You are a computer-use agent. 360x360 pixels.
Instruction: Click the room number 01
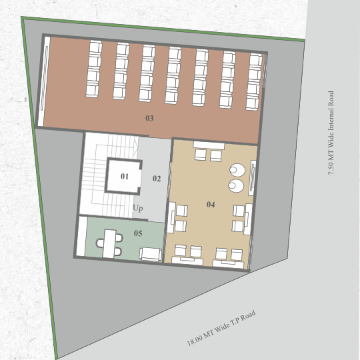pyautogui.click(x=125, y=176)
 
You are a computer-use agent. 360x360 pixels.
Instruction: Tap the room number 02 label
pyautogui.click(x=157, y=179)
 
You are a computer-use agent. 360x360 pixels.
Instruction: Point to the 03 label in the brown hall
pyautogui.click(x=149, y=118)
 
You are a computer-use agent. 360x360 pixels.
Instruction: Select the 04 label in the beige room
pyautogui.click(x=211, y=205)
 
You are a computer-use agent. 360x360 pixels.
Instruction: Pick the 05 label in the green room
pyautogui.click(x=138, y=233)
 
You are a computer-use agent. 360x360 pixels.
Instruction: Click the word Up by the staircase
pyautogui.click(x=138, y=208)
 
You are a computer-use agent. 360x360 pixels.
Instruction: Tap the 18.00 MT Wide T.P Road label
pyautogui.click(x=221, y=328)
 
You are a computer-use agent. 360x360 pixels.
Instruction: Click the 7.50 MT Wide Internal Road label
pyautogui.click(x=331, y=133)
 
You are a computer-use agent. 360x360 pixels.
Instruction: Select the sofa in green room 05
pyautogui.click(x=151, y=254)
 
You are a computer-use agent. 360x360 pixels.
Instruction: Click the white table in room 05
pyautogui.click(x=109, y=243)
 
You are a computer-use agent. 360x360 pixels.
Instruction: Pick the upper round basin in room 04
pyautogui.click(x=237, y=170)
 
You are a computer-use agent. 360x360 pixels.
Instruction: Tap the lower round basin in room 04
pyautogui.click(x=236, y=186)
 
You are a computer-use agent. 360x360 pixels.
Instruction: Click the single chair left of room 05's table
pyautogui.click(x=100, y=243)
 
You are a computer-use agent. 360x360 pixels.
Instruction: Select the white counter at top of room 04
pyautogui.click(x=209, y=145)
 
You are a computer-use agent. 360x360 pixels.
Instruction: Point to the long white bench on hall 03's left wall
pyautogui.click(x=44, y=81)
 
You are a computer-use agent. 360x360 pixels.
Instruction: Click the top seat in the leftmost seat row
pyautogui.click(x=95, y=47)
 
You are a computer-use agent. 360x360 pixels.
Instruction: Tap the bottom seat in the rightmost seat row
pyautogui.click(x=252, y=104)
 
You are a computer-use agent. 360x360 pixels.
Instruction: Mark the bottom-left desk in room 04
pyautogui.click(x=187, y=261)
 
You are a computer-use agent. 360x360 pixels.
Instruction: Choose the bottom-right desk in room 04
pyautogui.click(x=228, y=264)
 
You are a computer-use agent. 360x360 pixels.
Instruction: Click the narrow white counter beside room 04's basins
pyautogui.click(x=252, y=178)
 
